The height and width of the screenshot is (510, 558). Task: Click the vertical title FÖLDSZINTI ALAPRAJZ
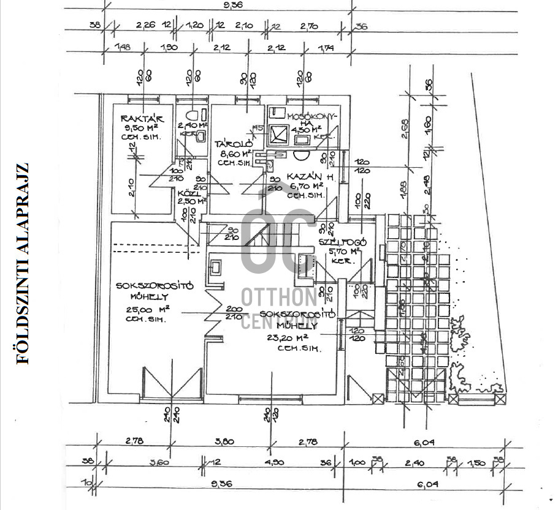tap(23, 264)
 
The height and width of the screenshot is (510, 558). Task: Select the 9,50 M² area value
tap(141, 128)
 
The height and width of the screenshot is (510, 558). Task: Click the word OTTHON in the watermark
tap(279, 298)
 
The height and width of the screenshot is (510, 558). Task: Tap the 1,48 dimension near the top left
tap(123, 48)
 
